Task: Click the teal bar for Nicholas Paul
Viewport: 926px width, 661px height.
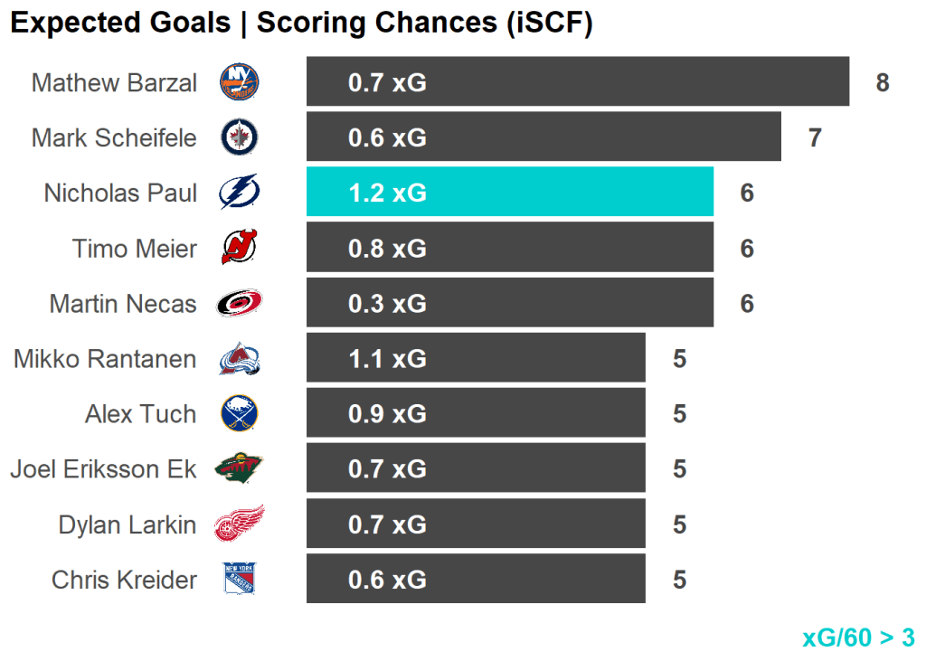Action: pyautogui.click(x=509, y=192)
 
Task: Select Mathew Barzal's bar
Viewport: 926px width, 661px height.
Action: pyautogui.click(x=577, y=82)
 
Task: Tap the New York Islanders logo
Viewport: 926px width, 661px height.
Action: pyautogui.click(x=240, y=82)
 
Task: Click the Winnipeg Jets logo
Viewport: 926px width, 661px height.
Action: pyautogui.click(x=240, y=137)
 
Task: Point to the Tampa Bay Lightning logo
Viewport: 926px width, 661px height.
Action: pyautogui.click(x=240, y=192)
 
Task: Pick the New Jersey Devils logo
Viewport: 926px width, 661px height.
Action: pyautogui.click(x=240, y=247)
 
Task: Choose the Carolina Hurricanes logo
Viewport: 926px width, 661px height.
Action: pyautogui.click(x=240, y=303)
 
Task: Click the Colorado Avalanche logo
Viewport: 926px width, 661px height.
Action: pyautogui.click(x=240, y=359)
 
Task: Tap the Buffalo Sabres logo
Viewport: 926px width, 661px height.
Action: pyautogui.click(x=240, y=413)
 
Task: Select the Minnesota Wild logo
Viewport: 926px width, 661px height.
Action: pyautogui.click(x=240, y=468)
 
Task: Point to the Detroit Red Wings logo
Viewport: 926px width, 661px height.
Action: pyautogui.click(x=240, y=524)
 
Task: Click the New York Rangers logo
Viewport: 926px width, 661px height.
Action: pyautogui.click(x=240, y=579)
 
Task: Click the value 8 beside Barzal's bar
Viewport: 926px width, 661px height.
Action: pyautogui.click(x=883, y=83)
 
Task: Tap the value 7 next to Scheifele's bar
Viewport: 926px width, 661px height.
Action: pyautogui.click(x=815, y=138)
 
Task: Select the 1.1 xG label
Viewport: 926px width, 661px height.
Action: pyautogui.click(x=387, y=359)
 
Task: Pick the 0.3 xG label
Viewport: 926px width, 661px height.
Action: pyautogui.click(x=387, y=303)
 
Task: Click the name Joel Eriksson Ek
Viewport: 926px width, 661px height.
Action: pyautogui.click(x=103, y=469)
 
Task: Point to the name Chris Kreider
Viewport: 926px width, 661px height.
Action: pyautogui.click(x=124, y=580)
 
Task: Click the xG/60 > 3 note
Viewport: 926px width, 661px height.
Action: pyautogui.click(x=858, y=637)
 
